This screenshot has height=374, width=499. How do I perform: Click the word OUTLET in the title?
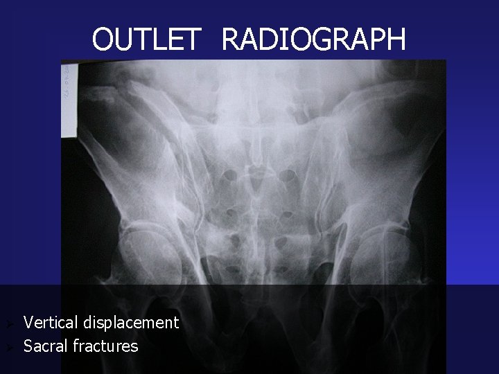146,39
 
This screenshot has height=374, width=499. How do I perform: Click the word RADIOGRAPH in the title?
313,39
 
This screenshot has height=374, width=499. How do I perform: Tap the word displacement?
131,323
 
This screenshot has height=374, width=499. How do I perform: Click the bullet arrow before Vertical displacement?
8,323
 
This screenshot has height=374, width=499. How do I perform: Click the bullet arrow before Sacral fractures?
8,346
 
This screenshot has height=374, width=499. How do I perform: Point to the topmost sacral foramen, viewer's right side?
286,175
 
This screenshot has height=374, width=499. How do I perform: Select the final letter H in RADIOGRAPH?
396,39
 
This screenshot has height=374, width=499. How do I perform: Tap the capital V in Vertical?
28,322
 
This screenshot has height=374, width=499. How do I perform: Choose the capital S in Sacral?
28,346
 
